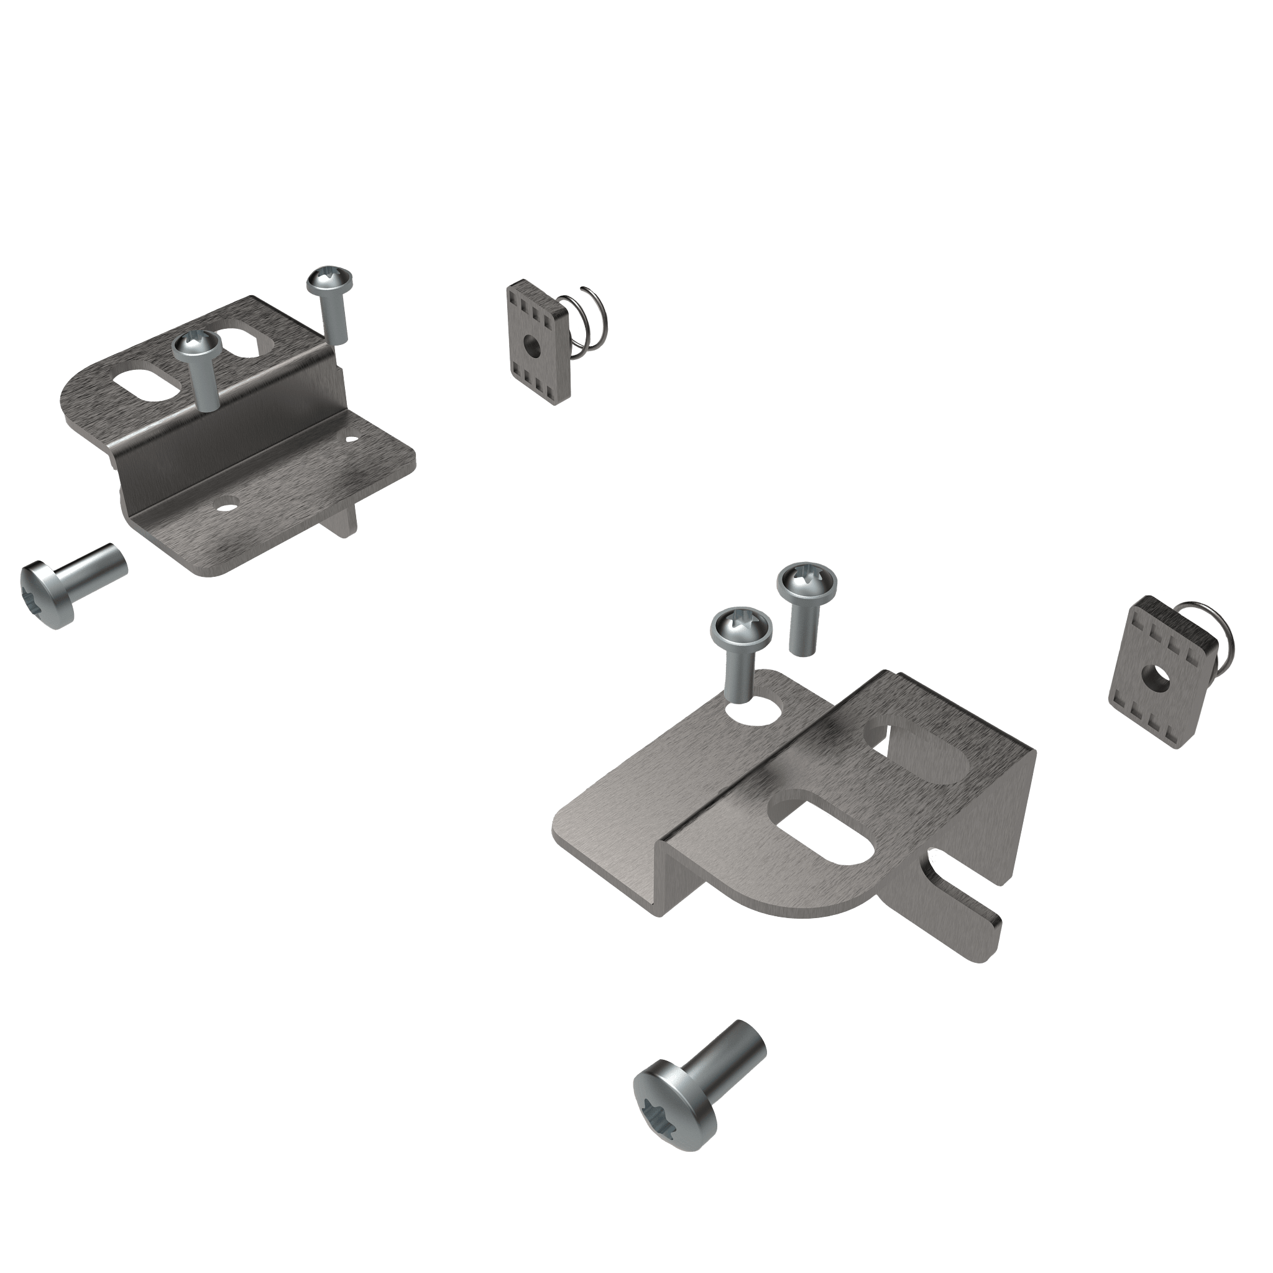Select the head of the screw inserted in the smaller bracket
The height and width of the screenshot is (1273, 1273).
coord(196,346)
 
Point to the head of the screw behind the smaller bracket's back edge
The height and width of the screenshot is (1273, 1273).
coord(329,280)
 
